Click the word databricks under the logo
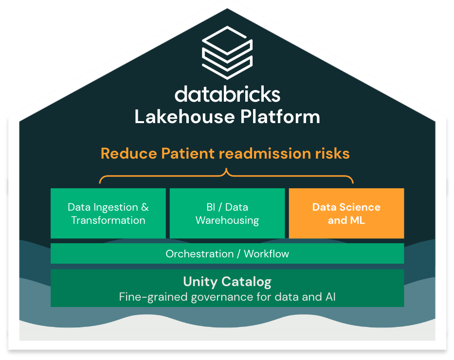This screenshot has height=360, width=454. (227, 94)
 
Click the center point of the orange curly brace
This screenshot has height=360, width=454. (226, 172)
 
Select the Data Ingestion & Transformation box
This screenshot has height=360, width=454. (108, 214)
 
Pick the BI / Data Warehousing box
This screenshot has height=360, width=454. (227, 214)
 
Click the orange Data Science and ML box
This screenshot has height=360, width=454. (346, 214)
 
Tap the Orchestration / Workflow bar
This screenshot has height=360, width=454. (227, 253)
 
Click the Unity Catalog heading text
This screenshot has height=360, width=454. (227, 282)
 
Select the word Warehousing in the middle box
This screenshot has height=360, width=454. (227, 220)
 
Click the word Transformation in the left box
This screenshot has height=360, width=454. (108, 220)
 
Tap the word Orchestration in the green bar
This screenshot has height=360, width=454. (200, 253)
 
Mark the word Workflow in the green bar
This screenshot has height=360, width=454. (266, 253)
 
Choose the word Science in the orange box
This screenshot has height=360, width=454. (361, 207)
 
